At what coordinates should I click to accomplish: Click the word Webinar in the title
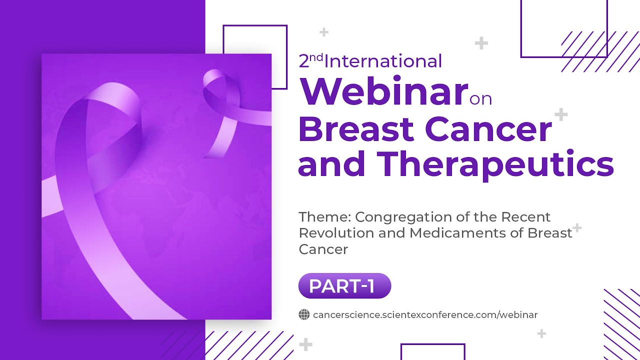click(x=382, y=91)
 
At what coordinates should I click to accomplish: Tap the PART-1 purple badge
click(x=344, y=286)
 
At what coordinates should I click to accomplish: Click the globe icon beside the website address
click(x=304, y=314)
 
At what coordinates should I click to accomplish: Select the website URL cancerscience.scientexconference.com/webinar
click(x=425, y=314)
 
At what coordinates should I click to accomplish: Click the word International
click(x=383, y=61)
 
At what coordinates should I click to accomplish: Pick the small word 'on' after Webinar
click(x=481, y=99)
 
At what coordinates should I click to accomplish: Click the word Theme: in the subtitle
click(x=324, y=217)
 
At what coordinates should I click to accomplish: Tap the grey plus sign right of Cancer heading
click(x=561, y=114)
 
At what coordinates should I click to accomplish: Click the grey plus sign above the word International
click(x=324, y=32)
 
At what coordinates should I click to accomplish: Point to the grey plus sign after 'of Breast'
click(x=577, y=228)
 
